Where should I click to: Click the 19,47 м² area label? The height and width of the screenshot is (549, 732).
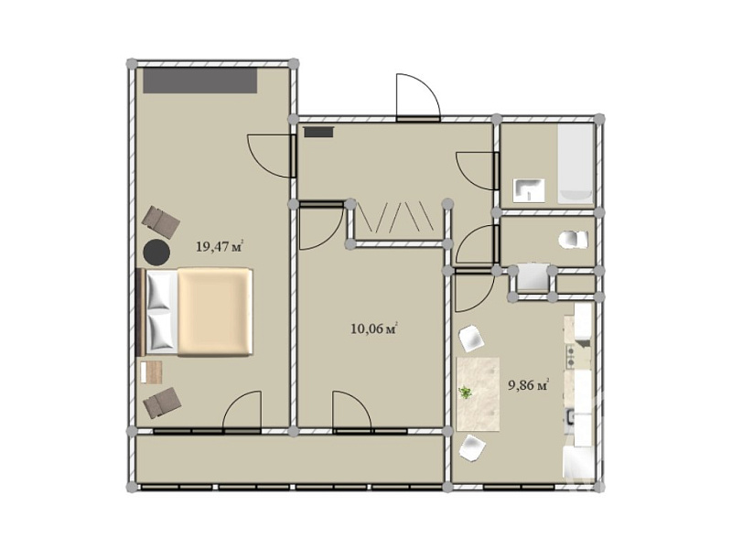[x=220, y=246]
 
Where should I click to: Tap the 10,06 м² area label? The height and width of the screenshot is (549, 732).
[x=374, y=328]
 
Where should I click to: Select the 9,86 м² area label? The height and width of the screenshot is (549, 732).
[x=528, y=385]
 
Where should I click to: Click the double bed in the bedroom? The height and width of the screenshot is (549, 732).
[x=194, y=312]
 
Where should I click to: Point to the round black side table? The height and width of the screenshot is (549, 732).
[x=156, y=253]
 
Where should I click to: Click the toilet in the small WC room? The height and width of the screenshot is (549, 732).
[x=574, y=240]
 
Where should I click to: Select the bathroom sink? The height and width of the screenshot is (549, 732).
[x=529, y=190]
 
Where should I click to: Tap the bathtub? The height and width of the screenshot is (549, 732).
[x=576, y=165]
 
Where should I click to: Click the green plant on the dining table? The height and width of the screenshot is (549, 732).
[x=465, y=393]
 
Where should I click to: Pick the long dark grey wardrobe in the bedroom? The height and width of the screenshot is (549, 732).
[x=199, y=81]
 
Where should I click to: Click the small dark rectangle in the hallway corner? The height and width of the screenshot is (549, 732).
[x=318, y=132]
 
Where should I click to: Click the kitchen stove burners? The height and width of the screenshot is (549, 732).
[x=570, y=356]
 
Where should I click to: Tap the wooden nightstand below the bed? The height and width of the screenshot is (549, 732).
[x=151, y=372]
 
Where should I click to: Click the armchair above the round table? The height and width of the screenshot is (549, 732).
[x=161, y=221]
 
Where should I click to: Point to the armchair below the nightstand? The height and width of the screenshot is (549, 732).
[x=162, y=403]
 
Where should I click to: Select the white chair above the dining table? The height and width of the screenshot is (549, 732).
[x=471, y=339]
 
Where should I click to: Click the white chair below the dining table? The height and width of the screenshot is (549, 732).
[x=472, y=447]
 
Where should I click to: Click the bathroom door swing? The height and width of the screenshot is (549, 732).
[x=476, y=171]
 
